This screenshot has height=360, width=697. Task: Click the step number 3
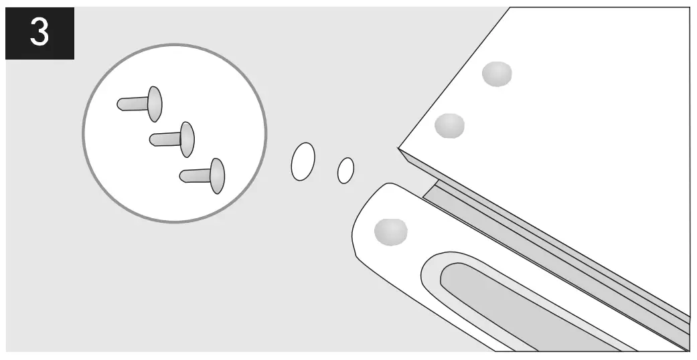[x=40, y=33]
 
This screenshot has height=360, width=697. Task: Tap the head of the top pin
[x=155, y=104]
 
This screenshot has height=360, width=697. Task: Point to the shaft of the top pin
[x=133, y=104]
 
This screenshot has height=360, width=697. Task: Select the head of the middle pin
[x=187, y=139]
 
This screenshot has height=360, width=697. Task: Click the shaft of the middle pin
[x=165, y=139]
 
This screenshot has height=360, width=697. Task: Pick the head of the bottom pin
[x=218, y=175]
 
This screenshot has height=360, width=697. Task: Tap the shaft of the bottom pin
[x=196, y=175]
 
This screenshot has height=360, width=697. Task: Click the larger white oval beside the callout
[x=303, y=161]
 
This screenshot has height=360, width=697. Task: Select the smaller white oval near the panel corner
[x=345, y=170]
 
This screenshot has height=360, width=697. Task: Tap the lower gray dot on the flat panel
[x=449, y=125]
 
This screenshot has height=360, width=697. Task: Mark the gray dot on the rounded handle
[x=390, y=230]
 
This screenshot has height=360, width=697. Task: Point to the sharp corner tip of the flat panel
[x=399, y=148]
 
